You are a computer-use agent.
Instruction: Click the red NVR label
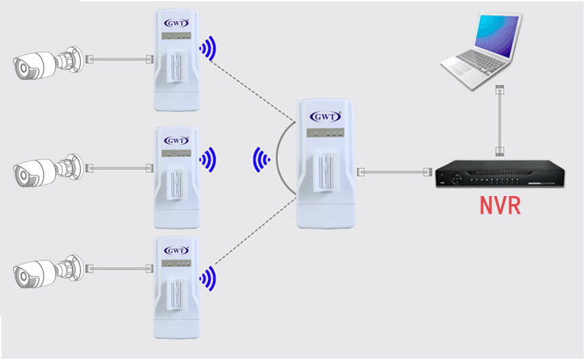pos(500,205)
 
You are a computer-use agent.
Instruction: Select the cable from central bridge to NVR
pos(396,171)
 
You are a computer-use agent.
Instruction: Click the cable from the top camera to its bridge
pos(119,59)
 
